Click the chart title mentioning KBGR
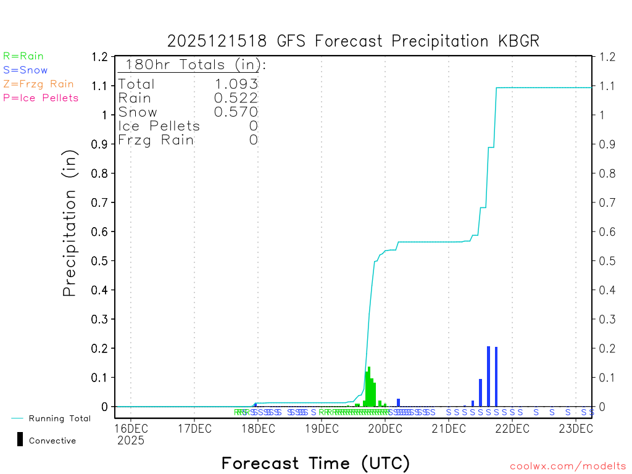tap(354, 41)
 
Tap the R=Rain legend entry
tap(23, 56)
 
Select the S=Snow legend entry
tap(25, 70)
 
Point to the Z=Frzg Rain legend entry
tap(38, 84)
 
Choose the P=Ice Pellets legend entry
tap(41, 98)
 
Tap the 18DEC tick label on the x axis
tap(257, 428)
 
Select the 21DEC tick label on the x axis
tap(449, 428)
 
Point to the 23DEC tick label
tap(575, 428)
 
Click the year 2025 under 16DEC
tap(131, 441)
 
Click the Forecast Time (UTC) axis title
tap(315, 463)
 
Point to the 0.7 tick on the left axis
tap(100, 202)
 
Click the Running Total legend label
tap(59, 418)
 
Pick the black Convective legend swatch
tap(20, 439)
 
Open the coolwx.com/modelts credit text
tap(568, 467)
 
